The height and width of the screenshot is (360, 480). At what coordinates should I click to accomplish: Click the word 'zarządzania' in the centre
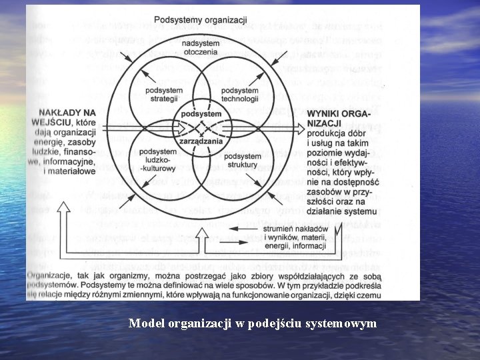coord(201,140)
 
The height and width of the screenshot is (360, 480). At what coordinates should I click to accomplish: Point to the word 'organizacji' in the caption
coord(196,323)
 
